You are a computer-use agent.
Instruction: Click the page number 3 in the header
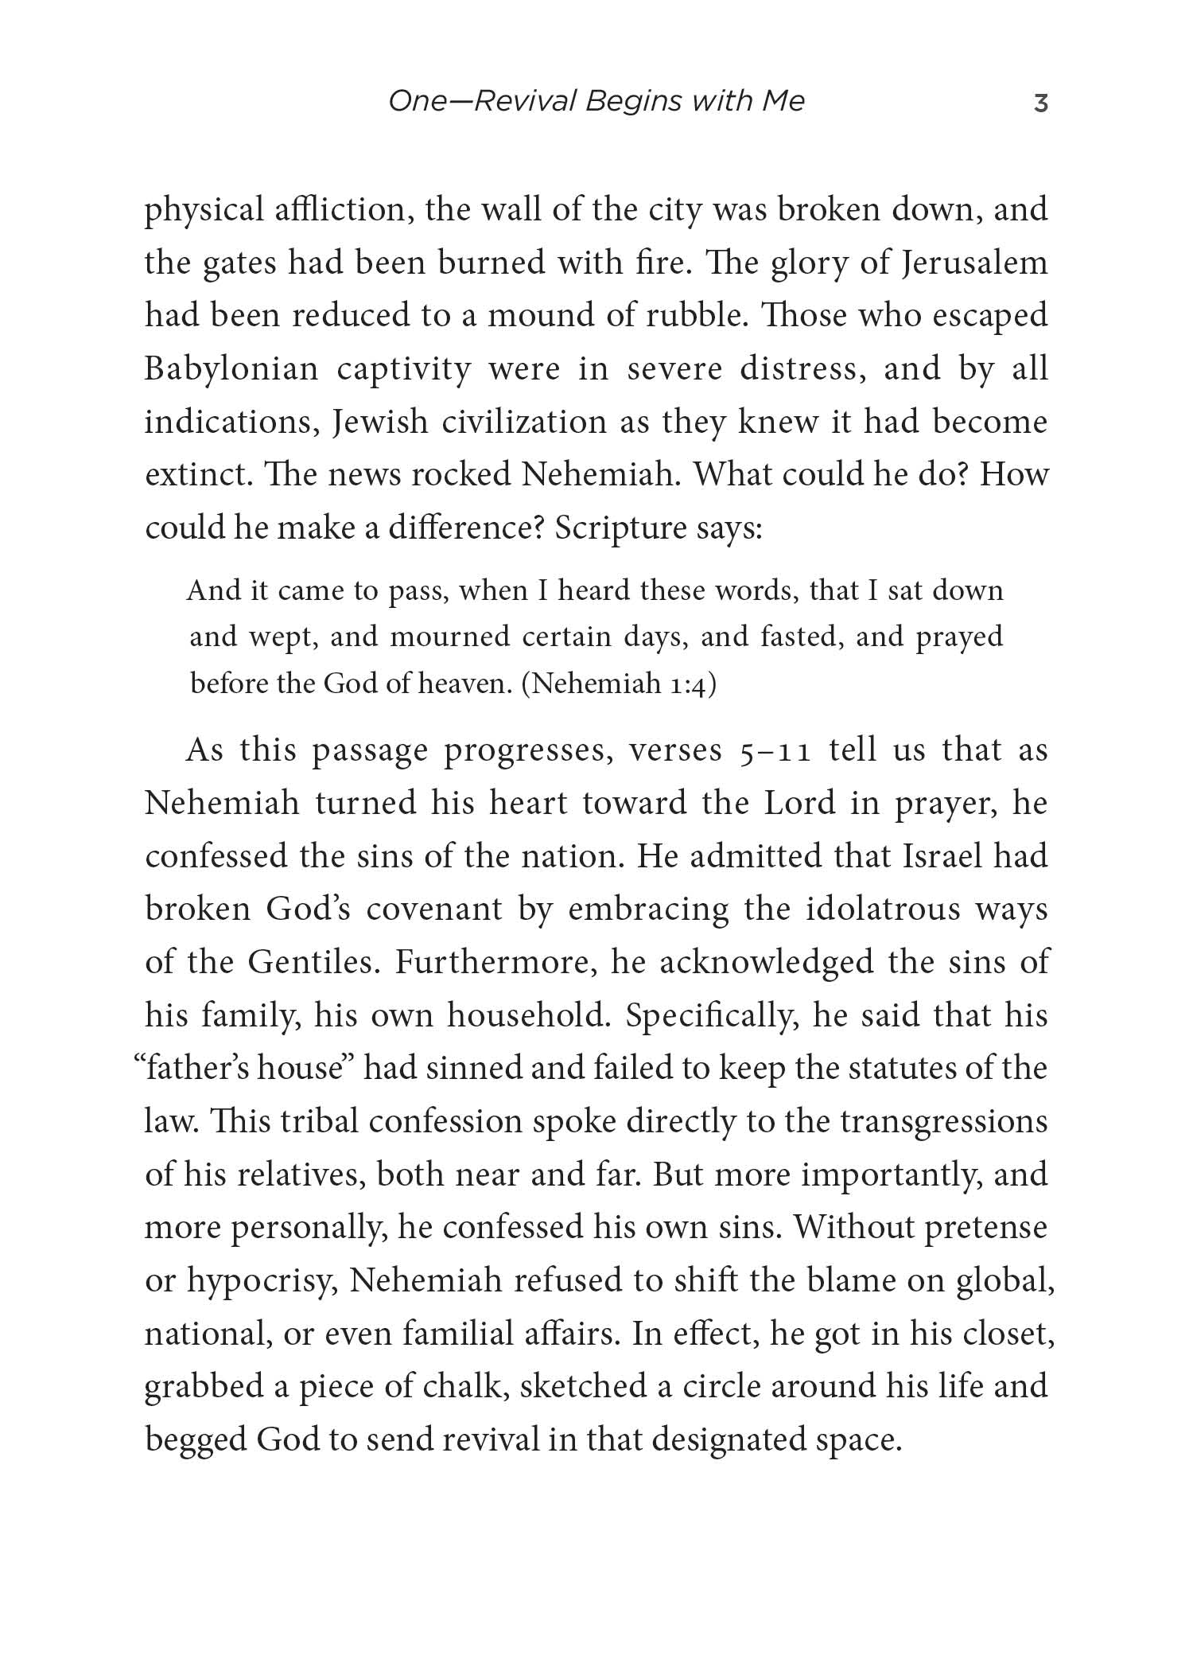(1040, 103)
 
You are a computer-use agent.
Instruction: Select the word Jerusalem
(975, 263)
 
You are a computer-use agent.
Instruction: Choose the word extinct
(196, 475)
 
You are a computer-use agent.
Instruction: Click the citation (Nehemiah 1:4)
(619, 684)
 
